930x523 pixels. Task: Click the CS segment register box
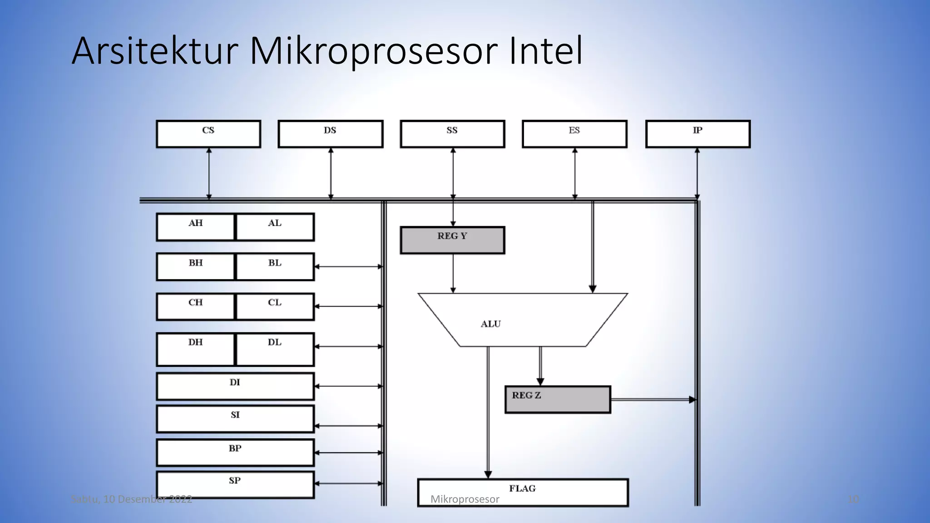(x=208, y=134)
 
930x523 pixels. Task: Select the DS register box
(x=331, y=134)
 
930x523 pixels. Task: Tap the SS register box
(x=452, y=134)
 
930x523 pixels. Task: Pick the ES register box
(x=574, y=134)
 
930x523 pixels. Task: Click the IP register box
(x=697, y=134)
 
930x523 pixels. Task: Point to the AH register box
(x=196, y=227)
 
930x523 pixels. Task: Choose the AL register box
(x=275, y=227)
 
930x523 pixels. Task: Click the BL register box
(x=275, y=266)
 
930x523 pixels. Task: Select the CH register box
(x=196, y=306)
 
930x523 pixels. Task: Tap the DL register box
(x=275, y=349)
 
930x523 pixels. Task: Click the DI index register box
(x=235, y=386)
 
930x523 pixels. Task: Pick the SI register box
(x=235, y=419)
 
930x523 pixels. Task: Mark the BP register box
(x=235, y=452)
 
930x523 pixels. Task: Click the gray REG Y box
(x=452, y=240)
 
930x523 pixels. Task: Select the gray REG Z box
(x=558, y=400)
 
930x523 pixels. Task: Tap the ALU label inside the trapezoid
(x=491, y=324)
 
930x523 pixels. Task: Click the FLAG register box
(x=523, y=493)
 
